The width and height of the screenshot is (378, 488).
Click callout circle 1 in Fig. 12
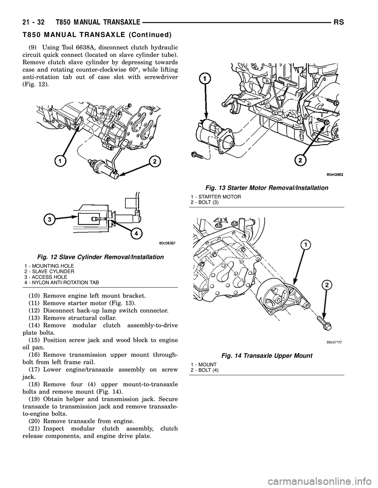tap(60, 161)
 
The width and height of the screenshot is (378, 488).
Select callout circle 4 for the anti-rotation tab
tap(136, 233)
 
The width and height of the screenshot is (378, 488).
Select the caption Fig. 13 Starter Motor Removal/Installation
tap(266, 188)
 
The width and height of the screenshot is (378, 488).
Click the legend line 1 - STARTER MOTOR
tap(215, 196)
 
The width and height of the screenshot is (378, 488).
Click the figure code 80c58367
tap(162, 243)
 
